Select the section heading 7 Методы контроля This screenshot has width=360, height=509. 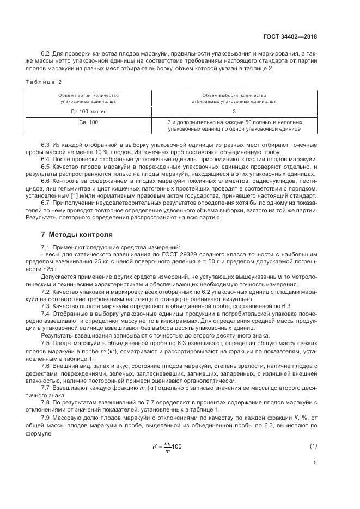pos(77,235)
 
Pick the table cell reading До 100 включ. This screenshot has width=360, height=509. pos(88,111)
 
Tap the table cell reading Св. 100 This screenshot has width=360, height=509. pos(88,122)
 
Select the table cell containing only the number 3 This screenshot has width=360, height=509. pos(234,111)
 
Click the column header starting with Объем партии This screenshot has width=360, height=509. pos(88,98)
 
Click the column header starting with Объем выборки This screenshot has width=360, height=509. pos(234,98)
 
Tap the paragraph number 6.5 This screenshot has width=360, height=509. pos(46,166)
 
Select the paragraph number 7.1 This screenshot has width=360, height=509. pos(46,248)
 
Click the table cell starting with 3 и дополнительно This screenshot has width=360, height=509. pos(234,126)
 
